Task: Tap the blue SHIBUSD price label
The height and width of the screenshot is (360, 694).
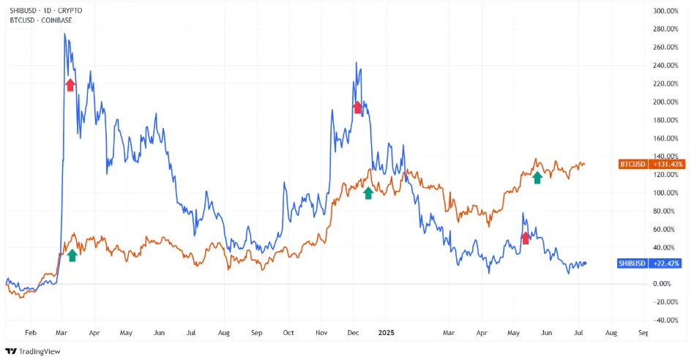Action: [632, 263]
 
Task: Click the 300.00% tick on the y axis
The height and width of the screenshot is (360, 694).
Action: [667, 11]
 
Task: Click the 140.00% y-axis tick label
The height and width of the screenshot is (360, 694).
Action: [667, 157]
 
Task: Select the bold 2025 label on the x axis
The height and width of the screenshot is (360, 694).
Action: [385, 332]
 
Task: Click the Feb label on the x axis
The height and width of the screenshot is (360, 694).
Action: [30, 332]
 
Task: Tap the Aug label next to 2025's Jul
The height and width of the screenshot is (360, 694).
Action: [611, 332]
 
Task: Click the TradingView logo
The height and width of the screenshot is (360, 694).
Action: [35, 350]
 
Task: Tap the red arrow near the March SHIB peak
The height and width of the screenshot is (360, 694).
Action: [70, 85]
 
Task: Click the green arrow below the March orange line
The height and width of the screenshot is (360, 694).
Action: [72, 255]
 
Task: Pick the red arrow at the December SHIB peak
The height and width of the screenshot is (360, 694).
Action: [358, 108]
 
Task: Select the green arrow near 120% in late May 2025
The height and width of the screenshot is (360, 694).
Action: [537, 177]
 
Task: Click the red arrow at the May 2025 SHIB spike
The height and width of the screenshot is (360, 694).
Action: [525, 237]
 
